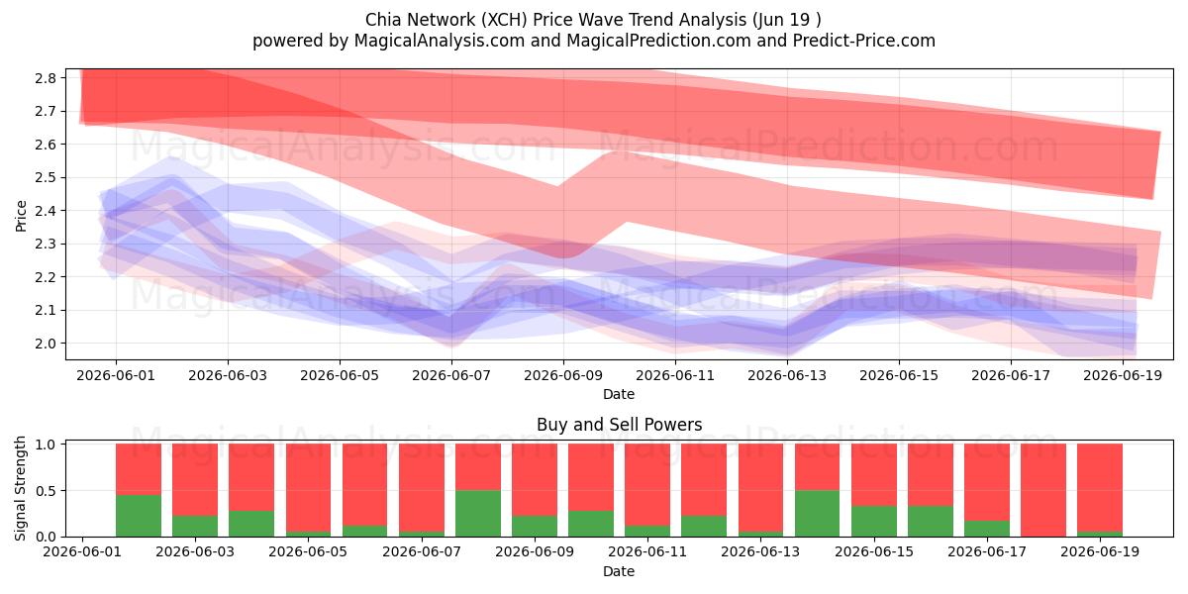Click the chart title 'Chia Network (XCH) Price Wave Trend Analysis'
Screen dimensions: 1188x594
[556, 20]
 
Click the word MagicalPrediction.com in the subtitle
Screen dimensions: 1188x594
[658, 41]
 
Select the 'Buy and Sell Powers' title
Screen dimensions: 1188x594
[619, 425]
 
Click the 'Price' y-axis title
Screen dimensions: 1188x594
[21, 216]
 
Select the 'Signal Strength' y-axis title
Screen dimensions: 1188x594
[20, 488]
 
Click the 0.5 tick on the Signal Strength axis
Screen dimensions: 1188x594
[46, 491]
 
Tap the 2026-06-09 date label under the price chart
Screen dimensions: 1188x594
[563, 375]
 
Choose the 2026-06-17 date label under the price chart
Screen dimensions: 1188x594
[1011, 375]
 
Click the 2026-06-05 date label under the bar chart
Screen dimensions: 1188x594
[308, 551]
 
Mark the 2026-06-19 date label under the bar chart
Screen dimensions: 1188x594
[1100, 551]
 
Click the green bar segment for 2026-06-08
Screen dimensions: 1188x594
[478, 514]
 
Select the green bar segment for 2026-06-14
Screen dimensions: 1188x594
[818, 514]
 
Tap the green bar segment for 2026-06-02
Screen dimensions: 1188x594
[139, 516]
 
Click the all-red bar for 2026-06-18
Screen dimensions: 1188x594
[1043, 490]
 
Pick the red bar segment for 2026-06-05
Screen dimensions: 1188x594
[308, 487]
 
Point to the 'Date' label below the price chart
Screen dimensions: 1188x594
[619, 394]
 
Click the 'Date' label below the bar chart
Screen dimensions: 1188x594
[619, 571]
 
